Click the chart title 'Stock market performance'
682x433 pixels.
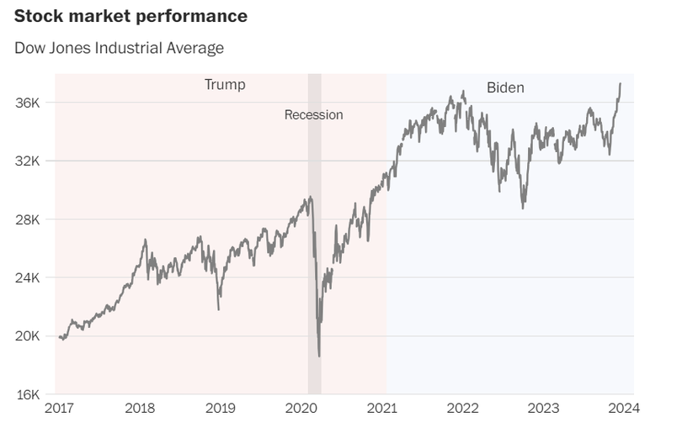(131, 16)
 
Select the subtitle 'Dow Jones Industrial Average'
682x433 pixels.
(119, 48)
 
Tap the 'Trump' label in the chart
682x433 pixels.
(225, 85)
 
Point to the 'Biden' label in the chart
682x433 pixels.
(505, 87)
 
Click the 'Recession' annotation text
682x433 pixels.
(313, 115)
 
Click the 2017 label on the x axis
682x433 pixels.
(59, 409)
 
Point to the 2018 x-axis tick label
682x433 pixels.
(140, 409)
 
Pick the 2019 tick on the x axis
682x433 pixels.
(221, 409)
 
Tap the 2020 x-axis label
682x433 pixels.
(301, 409)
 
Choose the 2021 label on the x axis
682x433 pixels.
(382, 409)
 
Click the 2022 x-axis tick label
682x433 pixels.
(463, 409)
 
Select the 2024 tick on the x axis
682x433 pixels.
(624, 409)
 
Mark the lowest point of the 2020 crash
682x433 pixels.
(319, 356)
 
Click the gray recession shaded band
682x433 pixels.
(314, 252)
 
